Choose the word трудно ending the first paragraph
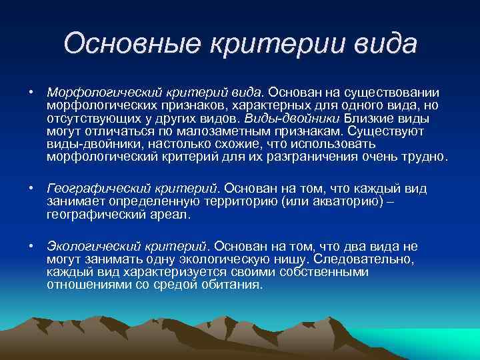pyautogui.click(x=427, y=157)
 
